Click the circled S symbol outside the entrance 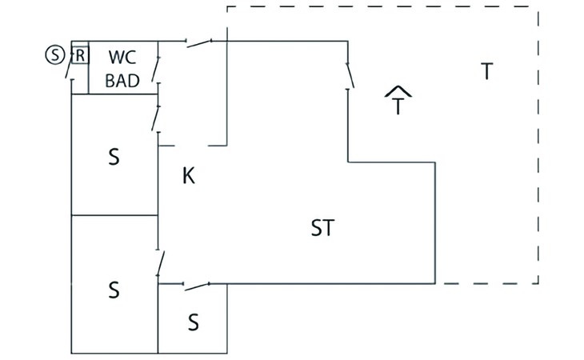tap(54, 55)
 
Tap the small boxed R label tap(80, 55)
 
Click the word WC tap(122, 58)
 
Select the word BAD tap(122, 81)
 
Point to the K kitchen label tap(189, 176)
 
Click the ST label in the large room tap(322, 228)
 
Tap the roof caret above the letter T tap(398, 91)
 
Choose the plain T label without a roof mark tap(486, 71)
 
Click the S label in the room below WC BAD tap(114, 157)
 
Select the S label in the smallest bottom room tap(193, 322)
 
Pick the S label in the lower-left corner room tap(114, 290)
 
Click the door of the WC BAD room tap(156, 69)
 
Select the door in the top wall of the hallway tap(199, 43)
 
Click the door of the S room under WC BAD tap(156, 118)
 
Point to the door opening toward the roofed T tap(350, 75)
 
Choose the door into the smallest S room tap(197, 286)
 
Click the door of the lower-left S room tap(161, 263)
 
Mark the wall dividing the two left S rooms tap(114, 215)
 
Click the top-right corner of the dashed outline tap(538, 6)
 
